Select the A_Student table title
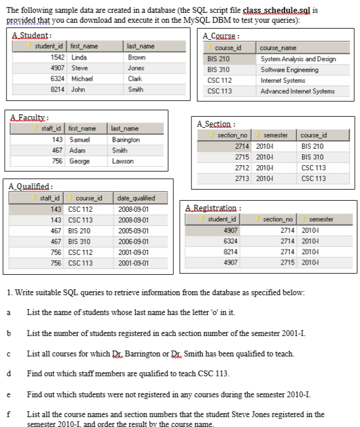(31, 36)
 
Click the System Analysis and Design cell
(297, 59)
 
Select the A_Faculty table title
(29, 117)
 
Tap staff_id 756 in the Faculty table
(57, 160)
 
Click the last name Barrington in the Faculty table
(128, 139)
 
